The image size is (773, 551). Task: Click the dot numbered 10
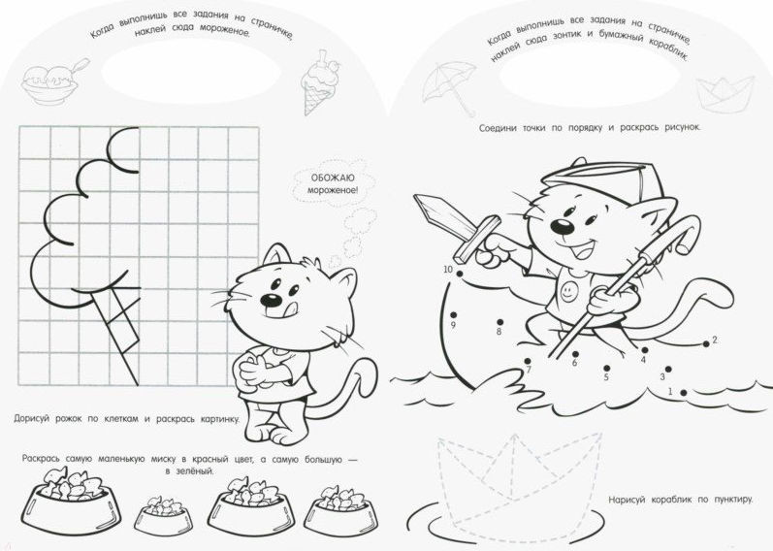(x=460, y=274)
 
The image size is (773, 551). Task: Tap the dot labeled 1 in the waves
(x=684, y=392)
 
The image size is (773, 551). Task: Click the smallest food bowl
(x=163, y=514)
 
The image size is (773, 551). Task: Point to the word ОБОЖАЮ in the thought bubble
(x=333, y=178)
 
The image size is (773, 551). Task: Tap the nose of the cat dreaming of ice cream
(x=271, y=300)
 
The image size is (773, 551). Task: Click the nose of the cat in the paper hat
(x=562, y=226)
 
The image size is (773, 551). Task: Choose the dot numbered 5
(x=606, y=369)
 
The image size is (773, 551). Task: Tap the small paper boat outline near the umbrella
(x=725, y=94)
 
